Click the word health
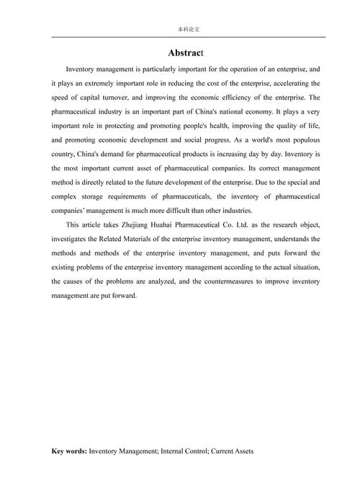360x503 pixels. (177, 126)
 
